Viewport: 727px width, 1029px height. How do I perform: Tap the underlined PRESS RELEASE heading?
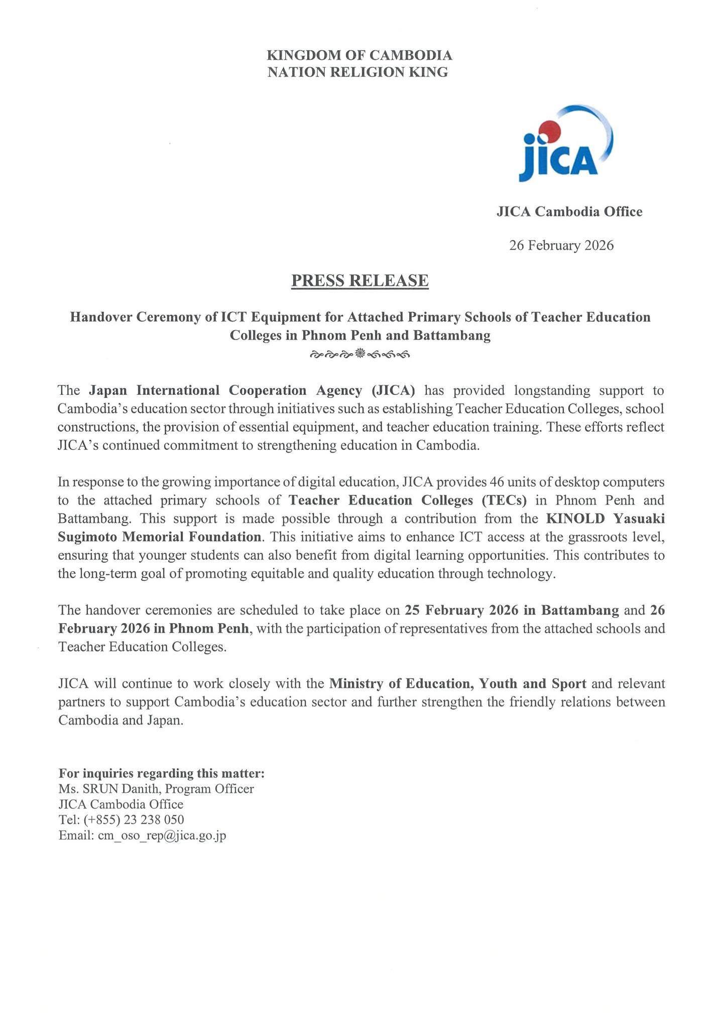tap(360, 280)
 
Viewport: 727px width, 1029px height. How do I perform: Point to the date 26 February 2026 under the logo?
tap(561, 246)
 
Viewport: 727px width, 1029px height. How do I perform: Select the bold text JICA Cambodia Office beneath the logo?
tap(569, 212)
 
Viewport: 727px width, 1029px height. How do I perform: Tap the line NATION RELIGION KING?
tap(357, 72)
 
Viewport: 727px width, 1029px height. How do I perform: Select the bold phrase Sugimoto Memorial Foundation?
tap(160, 537)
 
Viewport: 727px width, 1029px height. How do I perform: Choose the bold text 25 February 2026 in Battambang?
tap(512, 610)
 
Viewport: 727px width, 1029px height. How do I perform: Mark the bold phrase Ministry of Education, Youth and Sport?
tap(458, 684)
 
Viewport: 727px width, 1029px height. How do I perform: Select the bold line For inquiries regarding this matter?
tap(162, 773)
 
